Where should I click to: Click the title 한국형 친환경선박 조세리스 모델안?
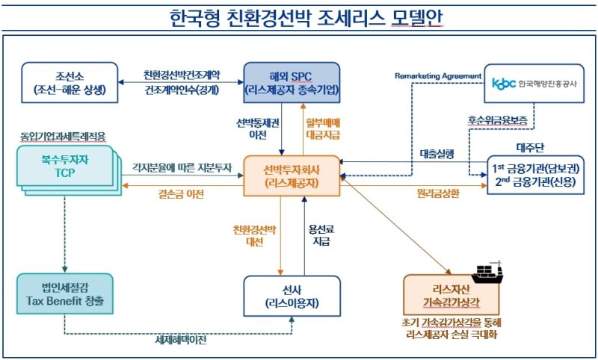tap(298, 16)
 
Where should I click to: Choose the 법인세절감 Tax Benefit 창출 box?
tap(65, 294)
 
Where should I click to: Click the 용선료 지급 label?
tap(319, 236)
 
